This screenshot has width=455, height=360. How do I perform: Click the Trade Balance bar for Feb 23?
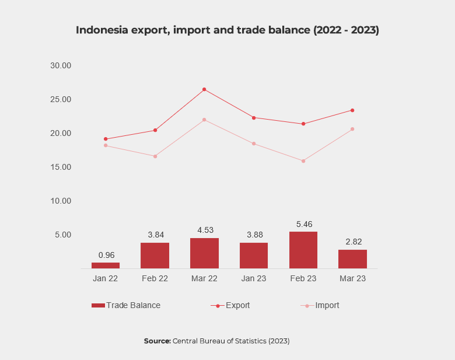coord(303,250)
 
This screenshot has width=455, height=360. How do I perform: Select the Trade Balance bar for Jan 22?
coord(105,265)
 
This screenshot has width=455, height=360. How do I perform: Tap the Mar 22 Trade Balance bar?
coord(204,253)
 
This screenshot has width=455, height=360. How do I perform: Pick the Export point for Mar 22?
coord(204,89)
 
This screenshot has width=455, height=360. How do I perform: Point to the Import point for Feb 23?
coord(303,160)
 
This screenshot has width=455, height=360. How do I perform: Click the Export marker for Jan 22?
coord(106,139)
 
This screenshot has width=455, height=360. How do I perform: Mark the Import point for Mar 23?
coord(352,129)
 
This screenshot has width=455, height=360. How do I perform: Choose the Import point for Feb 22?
coord(155,156)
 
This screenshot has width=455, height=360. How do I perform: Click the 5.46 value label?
coord(303,223)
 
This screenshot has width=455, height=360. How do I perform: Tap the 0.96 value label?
coord(105,255)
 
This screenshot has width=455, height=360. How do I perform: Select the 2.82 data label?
coord(352,242)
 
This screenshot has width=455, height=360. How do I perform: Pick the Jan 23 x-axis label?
coord(253,279)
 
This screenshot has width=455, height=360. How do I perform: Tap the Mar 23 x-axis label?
coord(352,279)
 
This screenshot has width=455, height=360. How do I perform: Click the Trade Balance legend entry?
coord(126,305)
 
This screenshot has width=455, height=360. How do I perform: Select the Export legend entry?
coord(232,305)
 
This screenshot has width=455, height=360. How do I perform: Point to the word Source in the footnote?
coord(157,341)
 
